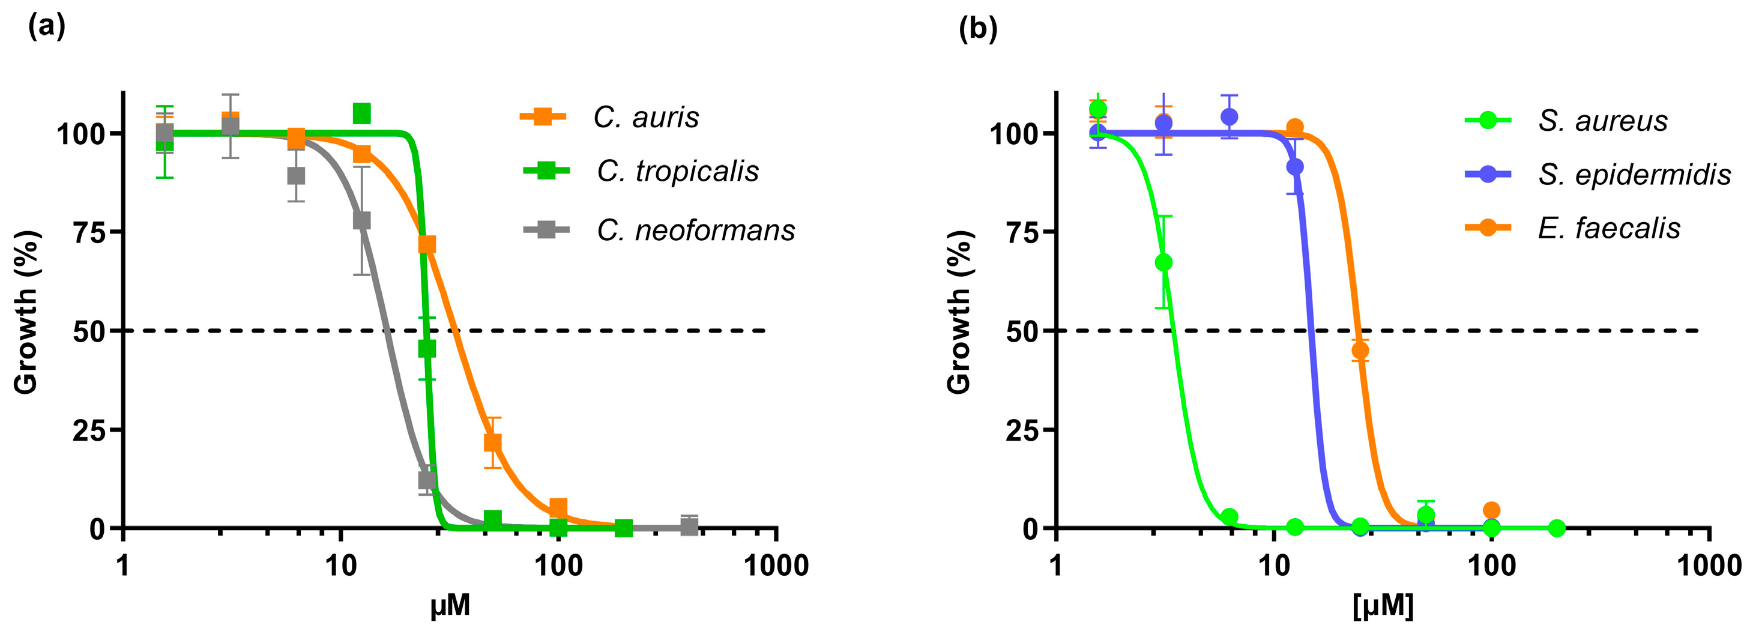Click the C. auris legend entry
tap(645, 118)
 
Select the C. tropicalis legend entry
tap(677, 171)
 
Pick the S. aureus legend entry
tap(1602, 121)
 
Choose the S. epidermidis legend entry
tap(1634, 175)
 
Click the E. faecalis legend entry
tap(1608, 228)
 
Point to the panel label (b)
tap(977, 29)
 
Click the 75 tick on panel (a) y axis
tap(88, 232)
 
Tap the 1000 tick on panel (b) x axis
tap(1709, 566)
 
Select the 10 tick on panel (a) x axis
tap(340, 566)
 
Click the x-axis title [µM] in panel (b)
tap(1383, 605)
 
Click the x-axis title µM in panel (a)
tap(450, 605)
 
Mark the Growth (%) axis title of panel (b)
tap(959, 313)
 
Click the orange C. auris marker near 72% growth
tap(427, 244)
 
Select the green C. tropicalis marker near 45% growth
tap(427, 349)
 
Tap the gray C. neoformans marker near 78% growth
tap(362, 221)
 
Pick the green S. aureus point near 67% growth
tap(1163, 262)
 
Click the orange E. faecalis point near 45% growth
tap(1360, 351)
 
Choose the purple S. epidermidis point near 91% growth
tap(1295, 166)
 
